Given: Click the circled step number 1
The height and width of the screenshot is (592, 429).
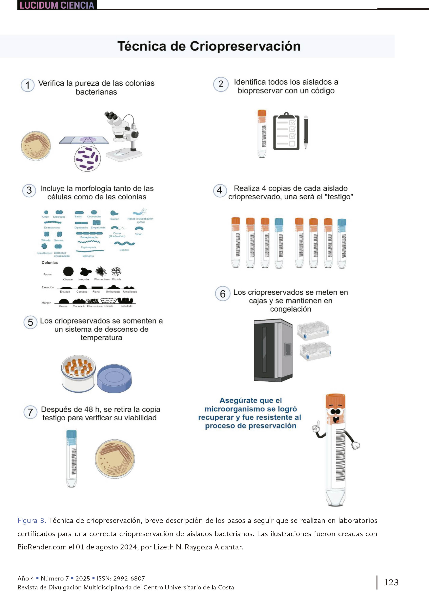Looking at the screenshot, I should [27, 85].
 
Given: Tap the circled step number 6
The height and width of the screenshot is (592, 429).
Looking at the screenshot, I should [222, 294].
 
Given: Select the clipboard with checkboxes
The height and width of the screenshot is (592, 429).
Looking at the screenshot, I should [286, 132].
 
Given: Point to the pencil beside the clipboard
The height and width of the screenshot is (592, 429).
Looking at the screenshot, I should [306, 132].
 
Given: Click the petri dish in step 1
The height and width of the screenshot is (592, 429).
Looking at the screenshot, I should [36, 146].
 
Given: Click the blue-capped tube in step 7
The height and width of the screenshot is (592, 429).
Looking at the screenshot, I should [71, 458].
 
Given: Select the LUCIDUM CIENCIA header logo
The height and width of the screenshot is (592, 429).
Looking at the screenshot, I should [57, 5].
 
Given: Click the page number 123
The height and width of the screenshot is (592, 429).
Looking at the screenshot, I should [391, 582].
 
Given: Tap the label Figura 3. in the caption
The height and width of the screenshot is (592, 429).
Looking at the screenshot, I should [32, 521].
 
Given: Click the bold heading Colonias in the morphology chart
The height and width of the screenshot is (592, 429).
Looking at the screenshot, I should [50, 263].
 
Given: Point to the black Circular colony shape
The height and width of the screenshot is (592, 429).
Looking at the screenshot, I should [68, 271].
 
